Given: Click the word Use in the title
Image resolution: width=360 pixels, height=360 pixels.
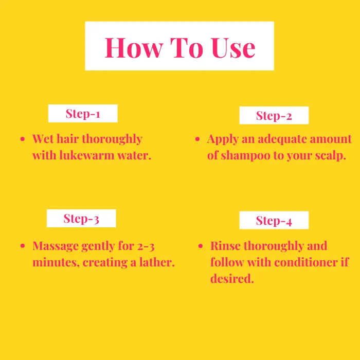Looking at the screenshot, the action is [233, 48].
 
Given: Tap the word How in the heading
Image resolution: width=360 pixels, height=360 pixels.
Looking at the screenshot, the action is [134, 48].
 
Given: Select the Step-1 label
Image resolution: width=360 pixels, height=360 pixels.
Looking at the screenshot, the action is [83, 114].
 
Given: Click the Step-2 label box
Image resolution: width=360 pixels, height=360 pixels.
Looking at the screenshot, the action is [274, 115].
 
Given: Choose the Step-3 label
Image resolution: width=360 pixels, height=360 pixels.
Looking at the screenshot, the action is [81, 219].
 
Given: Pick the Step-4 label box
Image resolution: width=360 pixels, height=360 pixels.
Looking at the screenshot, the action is [274, 220].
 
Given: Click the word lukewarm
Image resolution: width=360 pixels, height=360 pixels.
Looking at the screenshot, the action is [87, 155].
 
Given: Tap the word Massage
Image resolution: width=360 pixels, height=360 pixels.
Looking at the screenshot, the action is [56, 246].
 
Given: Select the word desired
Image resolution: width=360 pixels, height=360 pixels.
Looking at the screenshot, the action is [232, 279].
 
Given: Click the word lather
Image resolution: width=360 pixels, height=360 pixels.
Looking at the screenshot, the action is [157, 262].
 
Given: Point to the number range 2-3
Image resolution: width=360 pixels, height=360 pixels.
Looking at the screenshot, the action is [146, 246].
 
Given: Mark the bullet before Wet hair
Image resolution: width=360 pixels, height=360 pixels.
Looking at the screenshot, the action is [23, 139].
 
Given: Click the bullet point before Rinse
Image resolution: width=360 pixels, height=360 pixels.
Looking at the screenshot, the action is [201, 246].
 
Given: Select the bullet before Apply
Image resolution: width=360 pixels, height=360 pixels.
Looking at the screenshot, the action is [197, 139].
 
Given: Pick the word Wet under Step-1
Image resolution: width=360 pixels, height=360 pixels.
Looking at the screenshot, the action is [43, 139].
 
